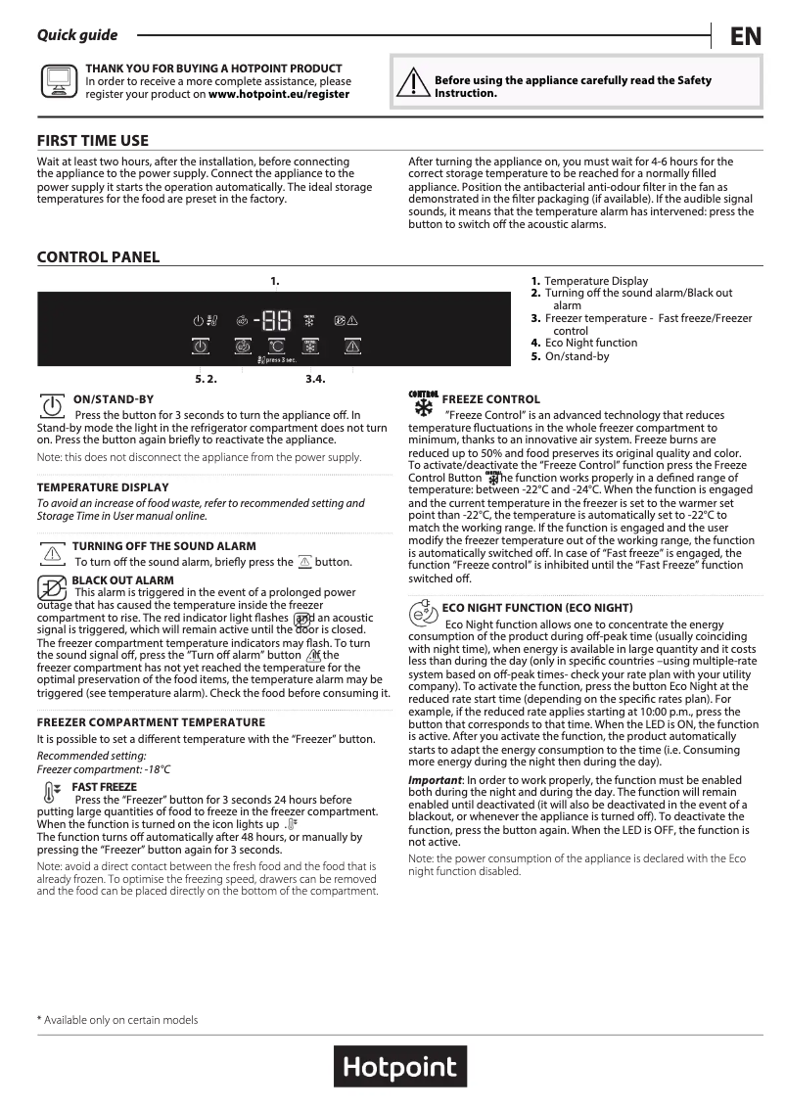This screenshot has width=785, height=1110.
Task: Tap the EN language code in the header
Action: [745, 37]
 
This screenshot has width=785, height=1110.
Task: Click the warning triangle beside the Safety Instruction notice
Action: [415, 84]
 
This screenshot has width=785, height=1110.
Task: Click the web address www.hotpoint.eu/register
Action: [279, 95]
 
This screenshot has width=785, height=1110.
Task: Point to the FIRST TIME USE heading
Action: [92, 141]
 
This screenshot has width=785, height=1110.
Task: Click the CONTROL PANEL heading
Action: [98, 257]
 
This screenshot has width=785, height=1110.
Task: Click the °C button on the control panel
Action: [277, 347]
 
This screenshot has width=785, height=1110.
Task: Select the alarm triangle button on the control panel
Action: [352, 347]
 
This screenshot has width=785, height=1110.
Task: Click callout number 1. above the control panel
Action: [275, 281]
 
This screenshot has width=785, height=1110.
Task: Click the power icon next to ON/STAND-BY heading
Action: [51, 404]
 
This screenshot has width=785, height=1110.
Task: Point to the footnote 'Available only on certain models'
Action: [119, 1020]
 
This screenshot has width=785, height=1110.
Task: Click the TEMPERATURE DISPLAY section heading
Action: [103, 487]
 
